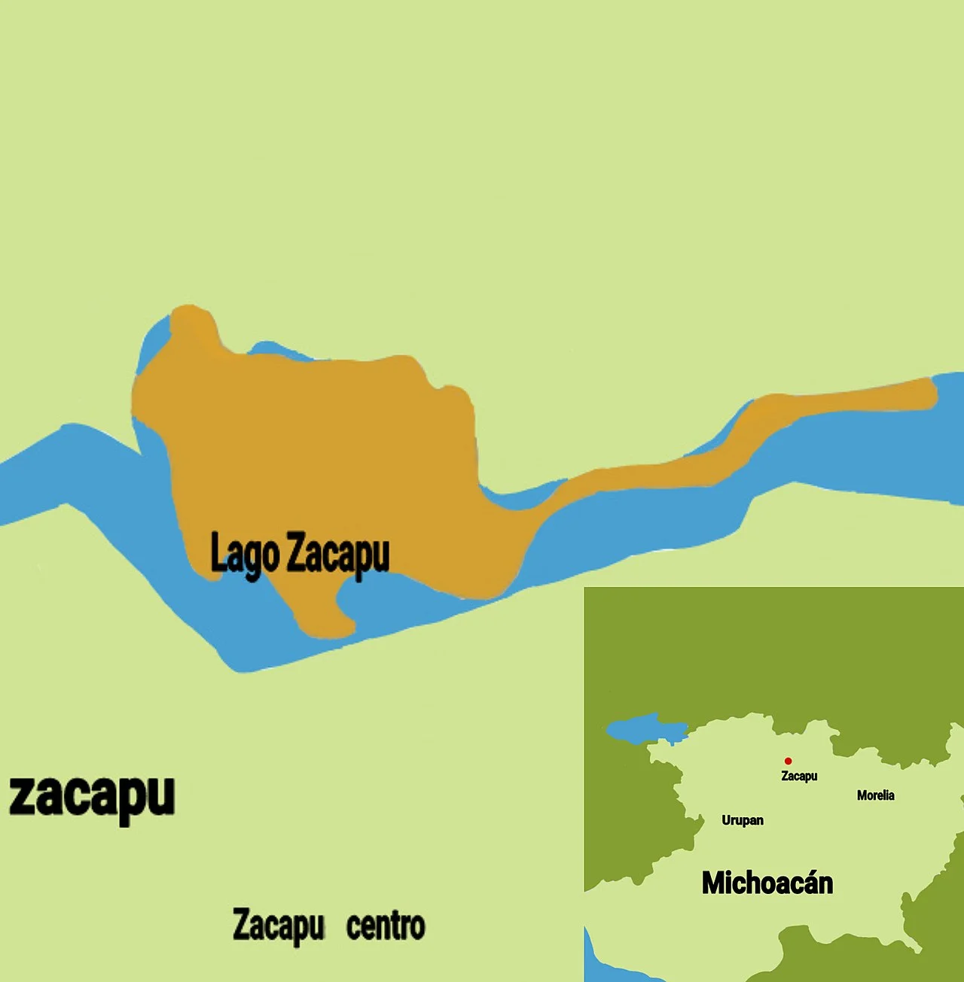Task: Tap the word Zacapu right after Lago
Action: point(338,555)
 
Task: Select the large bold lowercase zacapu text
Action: point(92,797)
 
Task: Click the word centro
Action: point(386,926)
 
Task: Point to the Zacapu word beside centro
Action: point(279,926)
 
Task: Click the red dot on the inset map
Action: point(788,761)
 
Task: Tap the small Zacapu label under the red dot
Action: point(799,776)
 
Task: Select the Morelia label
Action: point(875,795)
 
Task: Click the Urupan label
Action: point(743,820)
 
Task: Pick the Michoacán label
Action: point(767,883)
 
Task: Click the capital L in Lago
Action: point(217,553)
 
